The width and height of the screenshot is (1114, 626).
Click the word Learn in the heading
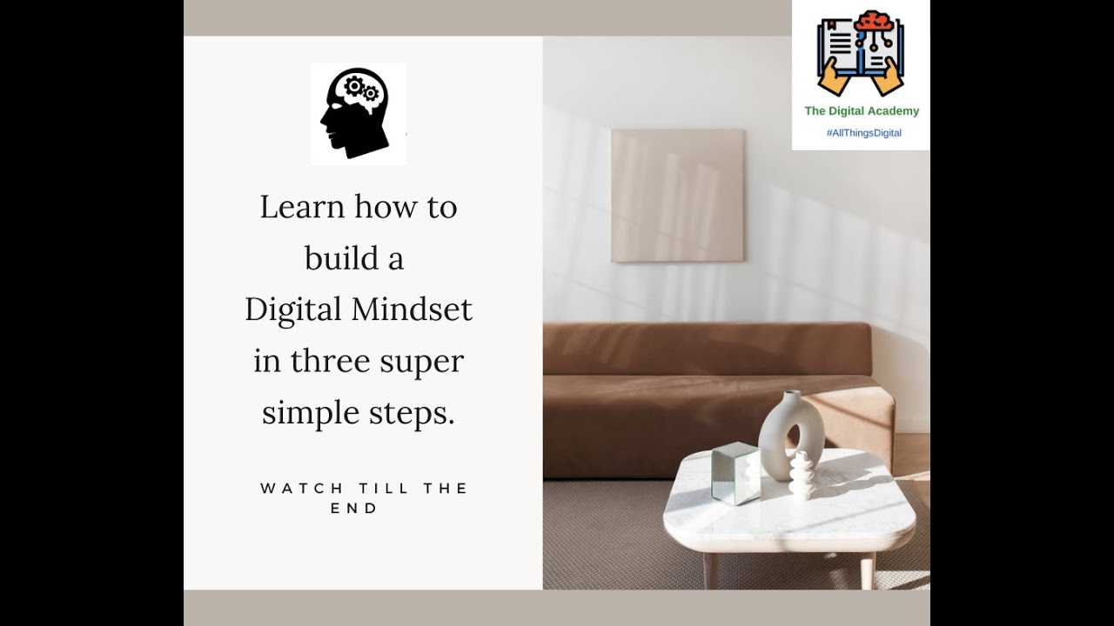(301, 207)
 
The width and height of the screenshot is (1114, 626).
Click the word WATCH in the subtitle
(290, 489)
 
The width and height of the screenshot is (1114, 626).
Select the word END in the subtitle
(354, 509)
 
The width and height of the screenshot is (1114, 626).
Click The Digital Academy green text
(862, 111)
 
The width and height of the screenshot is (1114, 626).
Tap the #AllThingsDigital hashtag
(863, 133)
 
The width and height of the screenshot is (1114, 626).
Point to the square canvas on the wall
(677, 196)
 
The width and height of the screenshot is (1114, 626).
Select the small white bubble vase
(801, 476)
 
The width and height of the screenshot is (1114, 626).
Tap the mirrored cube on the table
(735, 473)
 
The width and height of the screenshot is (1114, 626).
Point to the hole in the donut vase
(794, 439)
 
